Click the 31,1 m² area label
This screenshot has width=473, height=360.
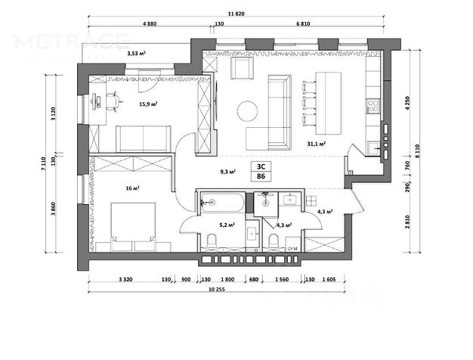pos(317,143)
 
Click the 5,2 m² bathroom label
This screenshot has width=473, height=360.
pos(227,225)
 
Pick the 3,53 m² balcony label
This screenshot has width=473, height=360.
pos(136,53)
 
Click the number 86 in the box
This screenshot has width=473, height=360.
pos(261,175)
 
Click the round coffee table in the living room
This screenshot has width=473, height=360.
pos(247,111)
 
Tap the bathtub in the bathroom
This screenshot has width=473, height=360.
pos(221,203)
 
